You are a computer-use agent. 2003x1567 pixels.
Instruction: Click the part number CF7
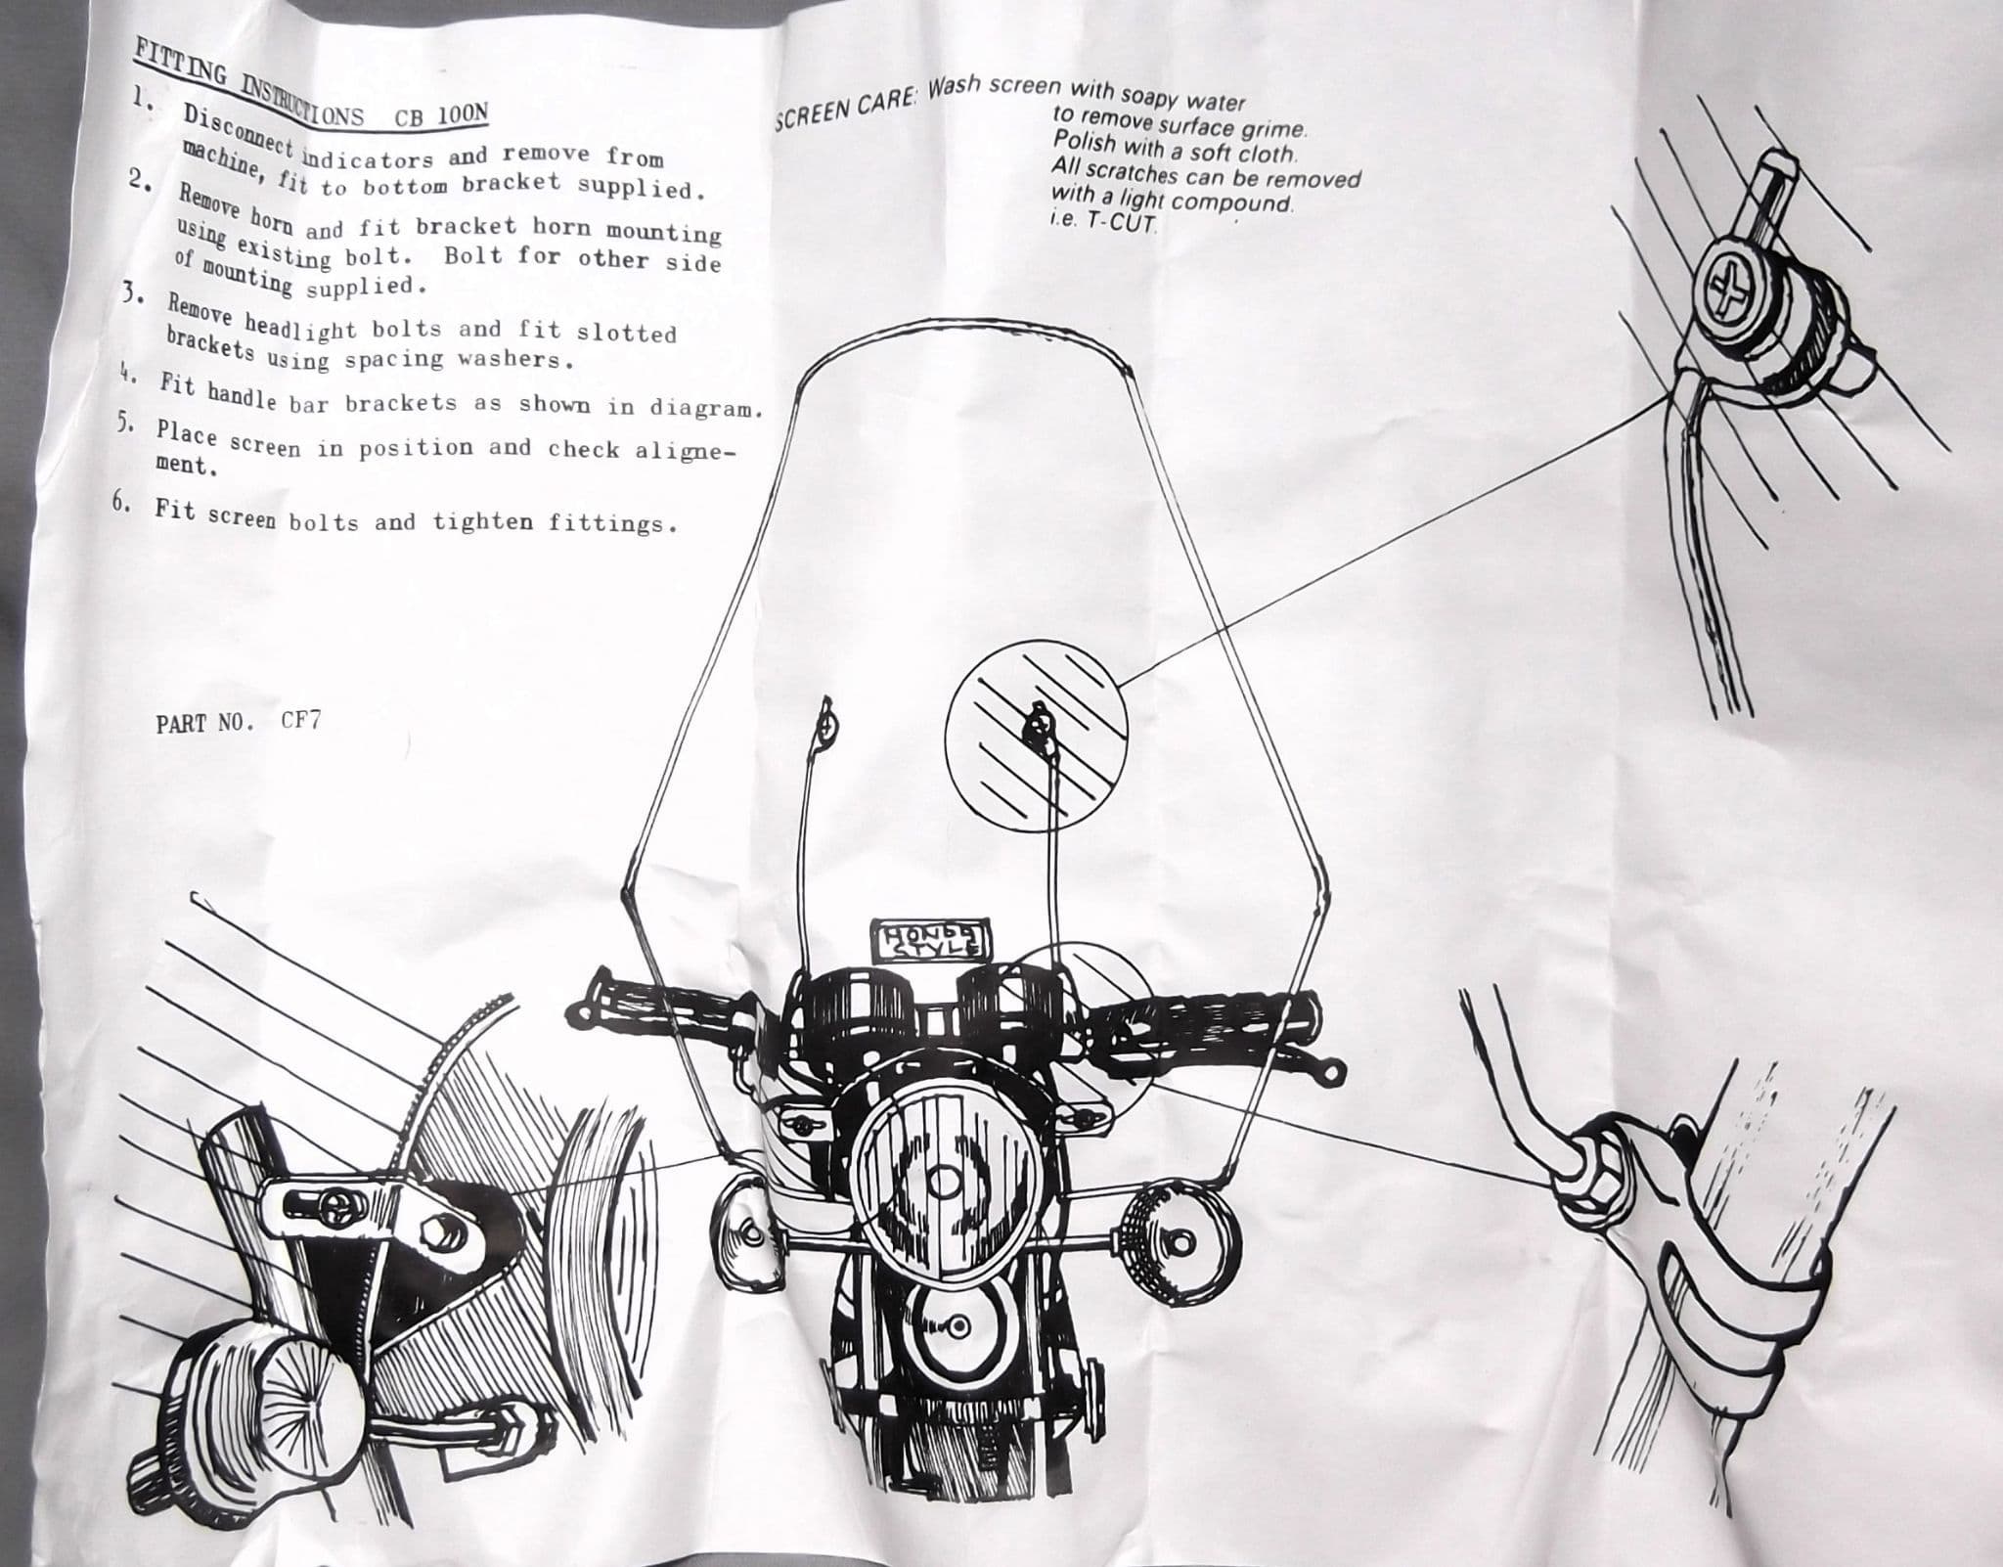[x=300, y=722]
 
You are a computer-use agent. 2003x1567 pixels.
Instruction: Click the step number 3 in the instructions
[x=127, y=294]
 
